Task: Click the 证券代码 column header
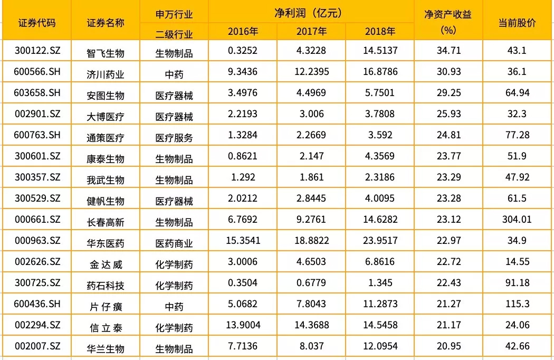pos(36,23)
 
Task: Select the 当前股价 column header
pos(517,23)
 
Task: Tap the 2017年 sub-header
pos(311,31)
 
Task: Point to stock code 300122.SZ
pos(37,51)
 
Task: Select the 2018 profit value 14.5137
pos(380,51)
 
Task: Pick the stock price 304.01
pos(517,219)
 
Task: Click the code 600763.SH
pos(37,135)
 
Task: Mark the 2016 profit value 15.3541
pos(243,240)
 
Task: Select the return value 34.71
pos(448,51)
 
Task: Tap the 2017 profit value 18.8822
pos(311,240)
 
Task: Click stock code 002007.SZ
pos(37,346)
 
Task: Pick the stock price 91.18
pos(517,282)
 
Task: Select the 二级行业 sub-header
pos(174,35)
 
